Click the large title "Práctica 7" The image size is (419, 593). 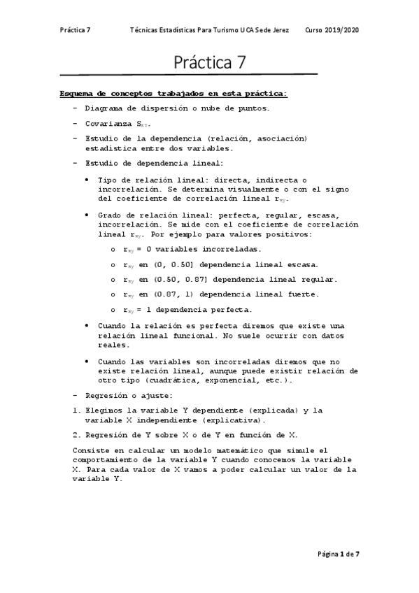210,62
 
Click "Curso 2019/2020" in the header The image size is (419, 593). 332,31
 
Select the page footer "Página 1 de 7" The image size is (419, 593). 337,554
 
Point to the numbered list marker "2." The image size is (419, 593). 77,434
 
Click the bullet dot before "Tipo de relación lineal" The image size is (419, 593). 86,180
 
